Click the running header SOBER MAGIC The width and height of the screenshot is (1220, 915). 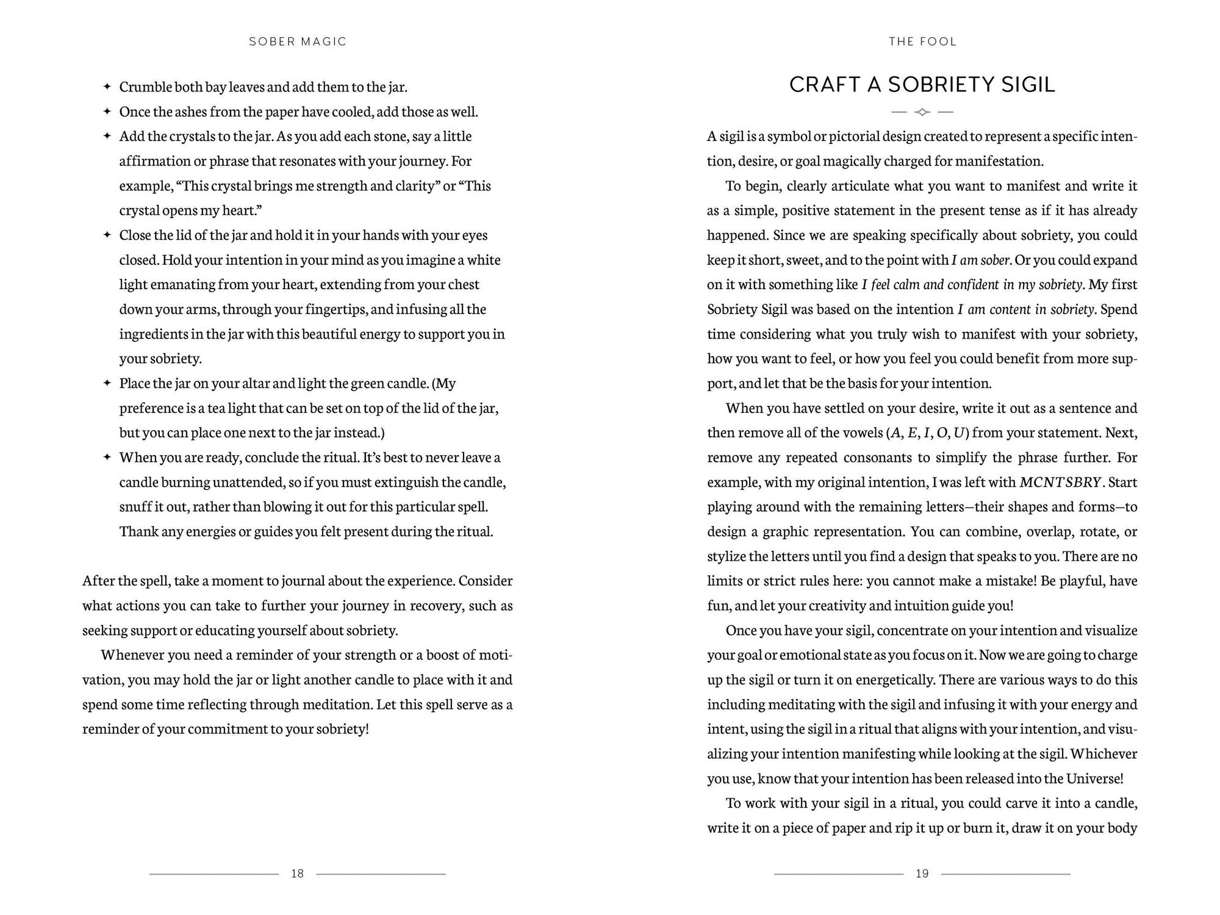298,41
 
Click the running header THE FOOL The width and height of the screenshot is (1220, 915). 922,41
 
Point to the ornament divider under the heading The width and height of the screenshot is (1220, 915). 922,112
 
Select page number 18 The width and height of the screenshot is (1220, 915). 297,874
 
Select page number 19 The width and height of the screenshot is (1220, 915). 922,874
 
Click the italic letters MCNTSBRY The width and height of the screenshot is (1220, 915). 1060,483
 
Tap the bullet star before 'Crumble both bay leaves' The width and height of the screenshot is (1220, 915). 107,87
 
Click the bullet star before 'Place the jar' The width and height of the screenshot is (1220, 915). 107,383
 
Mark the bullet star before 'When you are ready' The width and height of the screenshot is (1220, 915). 107,457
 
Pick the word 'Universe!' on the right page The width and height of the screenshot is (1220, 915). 1094,779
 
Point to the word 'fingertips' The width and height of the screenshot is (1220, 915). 335,309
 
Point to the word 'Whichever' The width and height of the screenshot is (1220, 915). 1104,754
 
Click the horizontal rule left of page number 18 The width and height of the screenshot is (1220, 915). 213,874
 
